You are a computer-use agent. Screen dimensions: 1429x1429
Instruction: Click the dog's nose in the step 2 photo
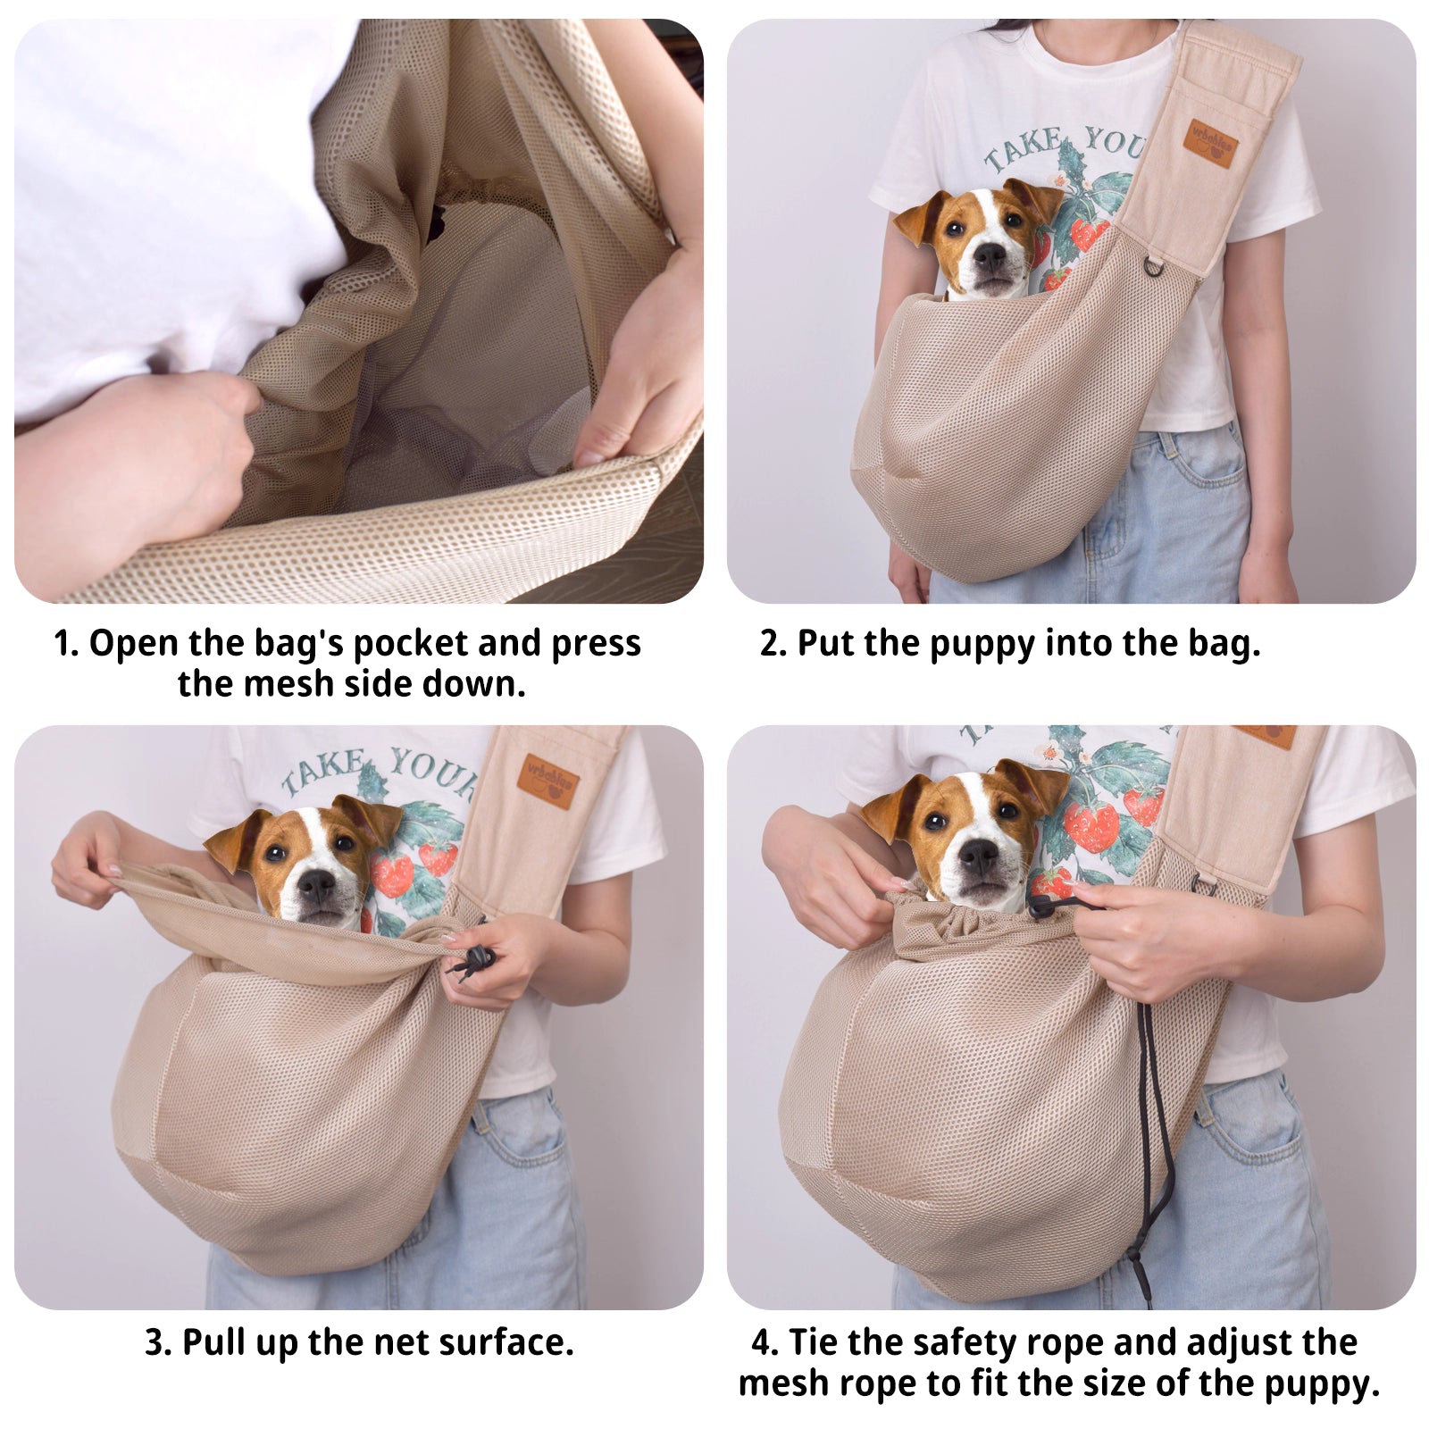pyautogui.click(x=990, y=257)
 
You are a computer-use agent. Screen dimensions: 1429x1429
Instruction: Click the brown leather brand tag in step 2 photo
pyautogui.click(x=1213, y=143)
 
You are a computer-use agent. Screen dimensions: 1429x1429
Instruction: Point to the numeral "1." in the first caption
pyautogui.click(x=66, y=643)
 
